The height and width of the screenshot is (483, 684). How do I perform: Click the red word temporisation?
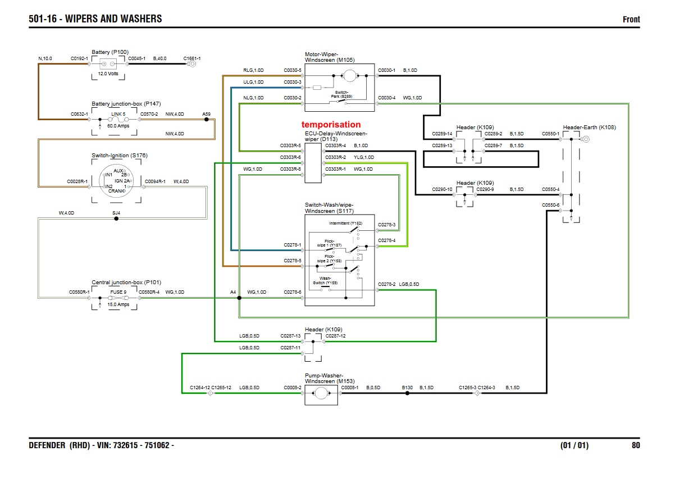pos(331,125)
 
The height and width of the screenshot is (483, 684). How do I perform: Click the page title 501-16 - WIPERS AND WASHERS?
pos(95,19)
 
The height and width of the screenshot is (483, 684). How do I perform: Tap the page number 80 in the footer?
pos(635,445)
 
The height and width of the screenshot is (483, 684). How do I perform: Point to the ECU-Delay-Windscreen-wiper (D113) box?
pos(313,163)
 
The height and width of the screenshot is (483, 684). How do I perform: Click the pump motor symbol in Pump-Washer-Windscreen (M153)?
pos(321,394)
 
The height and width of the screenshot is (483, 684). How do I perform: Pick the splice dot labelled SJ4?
pos(116,218)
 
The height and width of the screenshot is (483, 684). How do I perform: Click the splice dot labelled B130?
pos(407,394)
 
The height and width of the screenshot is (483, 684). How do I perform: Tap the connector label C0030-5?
pos(292,70)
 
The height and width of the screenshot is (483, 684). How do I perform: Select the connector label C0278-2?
pos(386,284)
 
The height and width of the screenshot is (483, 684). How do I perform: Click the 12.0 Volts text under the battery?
pos(108,74)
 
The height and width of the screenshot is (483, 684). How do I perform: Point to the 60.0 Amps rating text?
pos(118,126)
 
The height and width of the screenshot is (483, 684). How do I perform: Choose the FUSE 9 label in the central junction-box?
pos(118,292)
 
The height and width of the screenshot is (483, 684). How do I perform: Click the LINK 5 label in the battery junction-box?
pos(118,114)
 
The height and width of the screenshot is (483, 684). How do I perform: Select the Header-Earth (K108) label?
pos(589,127)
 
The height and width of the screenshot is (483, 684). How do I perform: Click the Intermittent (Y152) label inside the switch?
pos(345,224)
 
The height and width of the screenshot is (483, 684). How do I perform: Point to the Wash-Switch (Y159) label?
pos(326,280)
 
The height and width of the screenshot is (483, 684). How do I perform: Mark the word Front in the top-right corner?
pos(631,20)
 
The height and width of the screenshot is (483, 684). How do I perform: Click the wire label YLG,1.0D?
pos(364,157)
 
